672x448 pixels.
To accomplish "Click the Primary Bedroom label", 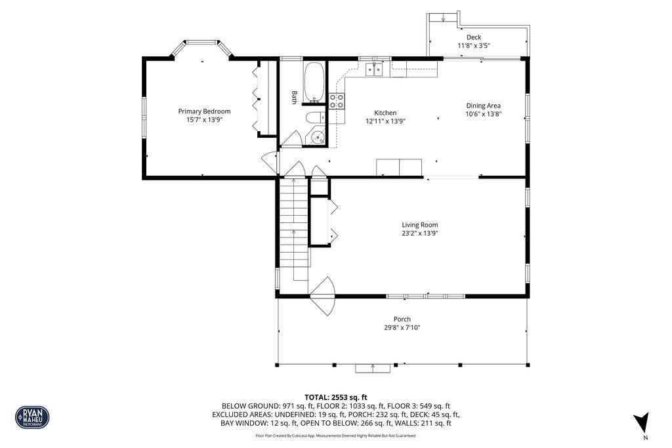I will coord(204,112).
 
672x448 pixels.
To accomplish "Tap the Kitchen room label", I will coord(385,113).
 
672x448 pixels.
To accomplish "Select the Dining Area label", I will coord(484,106).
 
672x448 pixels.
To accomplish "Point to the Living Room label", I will coord(420,225).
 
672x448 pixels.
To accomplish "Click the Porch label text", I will coord(402,319).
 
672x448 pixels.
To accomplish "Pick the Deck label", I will coord(473,37).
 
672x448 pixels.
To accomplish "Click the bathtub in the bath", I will coord(315,82).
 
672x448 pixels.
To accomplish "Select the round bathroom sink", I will coord(317,138).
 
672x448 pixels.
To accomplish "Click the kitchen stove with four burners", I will coord(337,101).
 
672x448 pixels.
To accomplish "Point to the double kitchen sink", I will coord(375,69).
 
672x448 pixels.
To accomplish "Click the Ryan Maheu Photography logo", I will coord(32,417).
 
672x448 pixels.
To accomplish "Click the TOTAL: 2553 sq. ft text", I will coord(336,397).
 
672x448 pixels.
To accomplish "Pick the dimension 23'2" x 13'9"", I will coord(420,233).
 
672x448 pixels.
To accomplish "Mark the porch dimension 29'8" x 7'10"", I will coord(402,327).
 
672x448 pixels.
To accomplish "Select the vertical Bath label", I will coord(295,97).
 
